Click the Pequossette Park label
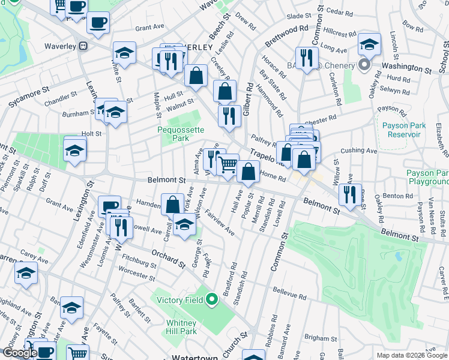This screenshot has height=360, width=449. point(181,133)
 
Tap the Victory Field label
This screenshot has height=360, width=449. point(181,299)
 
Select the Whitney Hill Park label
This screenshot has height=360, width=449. point(181,327)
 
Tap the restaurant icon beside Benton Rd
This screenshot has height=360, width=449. point(349,194)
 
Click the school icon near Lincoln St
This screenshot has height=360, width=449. point(369,44)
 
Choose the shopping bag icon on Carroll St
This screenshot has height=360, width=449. point(172,204)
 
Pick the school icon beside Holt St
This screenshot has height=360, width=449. point(75,150)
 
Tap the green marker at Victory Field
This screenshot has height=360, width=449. point(212,298)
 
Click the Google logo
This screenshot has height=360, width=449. point(20,353)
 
